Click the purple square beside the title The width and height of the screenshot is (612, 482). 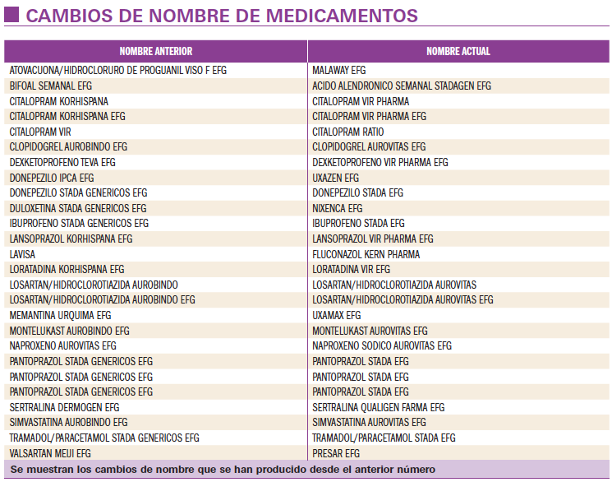click(x=12, y=16)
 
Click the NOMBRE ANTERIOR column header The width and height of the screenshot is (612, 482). click(x=156, y=51)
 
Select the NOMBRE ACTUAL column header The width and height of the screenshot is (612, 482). click(x=458, y=51)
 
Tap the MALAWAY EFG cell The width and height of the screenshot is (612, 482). click(x=339, y=71)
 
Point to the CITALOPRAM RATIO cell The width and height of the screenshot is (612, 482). click(x=347, y=132)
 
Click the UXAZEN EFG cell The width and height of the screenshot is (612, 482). click(x=335, y=178)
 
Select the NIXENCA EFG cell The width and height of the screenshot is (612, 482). click(x=337, y=208)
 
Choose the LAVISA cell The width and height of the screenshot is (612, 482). click(x=22, y=254)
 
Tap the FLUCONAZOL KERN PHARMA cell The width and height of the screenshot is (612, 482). click(x=366, y=254)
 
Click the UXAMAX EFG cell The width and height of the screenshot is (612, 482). click(x=336, y=315)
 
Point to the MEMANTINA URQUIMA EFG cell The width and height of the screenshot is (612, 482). click(x=60, y=315)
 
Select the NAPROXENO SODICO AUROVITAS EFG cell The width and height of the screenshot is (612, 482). click(x=382, y=345)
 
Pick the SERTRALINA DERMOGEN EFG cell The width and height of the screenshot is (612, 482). click(x=64, y=407)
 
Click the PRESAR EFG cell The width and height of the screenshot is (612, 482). click(x=336, y=453)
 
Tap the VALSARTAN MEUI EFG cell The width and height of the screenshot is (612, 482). click(x=50, y=453)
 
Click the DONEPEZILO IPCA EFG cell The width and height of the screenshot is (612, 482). click(x=52, y=178)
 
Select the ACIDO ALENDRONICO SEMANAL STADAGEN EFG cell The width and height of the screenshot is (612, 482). click(x=402, y=86)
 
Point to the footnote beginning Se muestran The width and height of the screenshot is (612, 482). click(x=223, y=470)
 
